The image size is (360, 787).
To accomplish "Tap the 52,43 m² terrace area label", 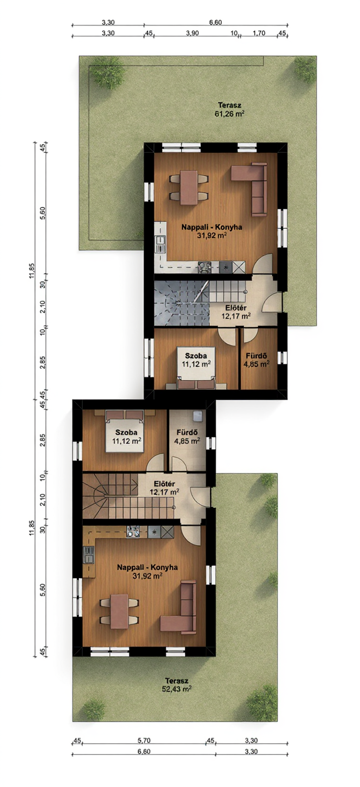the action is (177, 685).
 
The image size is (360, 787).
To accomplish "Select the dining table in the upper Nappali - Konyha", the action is (188, 187).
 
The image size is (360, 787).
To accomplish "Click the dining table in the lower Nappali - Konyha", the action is (119, 611).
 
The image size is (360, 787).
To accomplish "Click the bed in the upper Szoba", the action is (196, 368).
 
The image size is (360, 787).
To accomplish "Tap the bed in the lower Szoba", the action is (125, 432).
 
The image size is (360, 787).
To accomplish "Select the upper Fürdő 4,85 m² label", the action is (257, 360).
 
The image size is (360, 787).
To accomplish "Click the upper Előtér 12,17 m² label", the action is (235, 312).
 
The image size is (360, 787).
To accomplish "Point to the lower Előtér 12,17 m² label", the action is (164, 488).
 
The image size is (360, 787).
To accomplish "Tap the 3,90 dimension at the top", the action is (192, 33).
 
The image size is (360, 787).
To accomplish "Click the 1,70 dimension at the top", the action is (259, 33).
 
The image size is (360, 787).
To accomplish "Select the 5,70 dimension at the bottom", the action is (144, 740).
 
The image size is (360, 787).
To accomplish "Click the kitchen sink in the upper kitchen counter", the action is (161, 244).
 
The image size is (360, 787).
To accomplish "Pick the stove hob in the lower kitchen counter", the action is (154, 532).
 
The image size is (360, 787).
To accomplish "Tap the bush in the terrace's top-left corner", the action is (107, 73).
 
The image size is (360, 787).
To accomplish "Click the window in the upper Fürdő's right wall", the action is (282, 358).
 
